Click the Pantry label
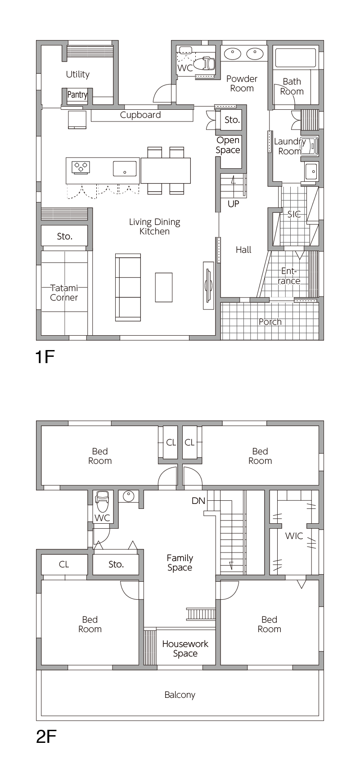[77, 94]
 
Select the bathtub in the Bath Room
[296, 58]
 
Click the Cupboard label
[140, 115]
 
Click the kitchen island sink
[125, 168]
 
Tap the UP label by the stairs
[234, 204]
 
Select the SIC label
[294, 214]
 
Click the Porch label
[270, 322]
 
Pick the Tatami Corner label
[64, 292]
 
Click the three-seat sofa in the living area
[128, 287]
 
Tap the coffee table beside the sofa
[164, 287]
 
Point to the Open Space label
[228, 145]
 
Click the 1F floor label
[45, 357]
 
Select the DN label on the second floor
[198, 501]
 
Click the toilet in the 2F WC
[102, 502]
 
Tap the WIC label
[294, 536]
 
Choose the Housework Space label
[185, 648]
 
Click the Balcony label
[180, 695]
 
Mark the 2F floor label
[46, 737]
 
